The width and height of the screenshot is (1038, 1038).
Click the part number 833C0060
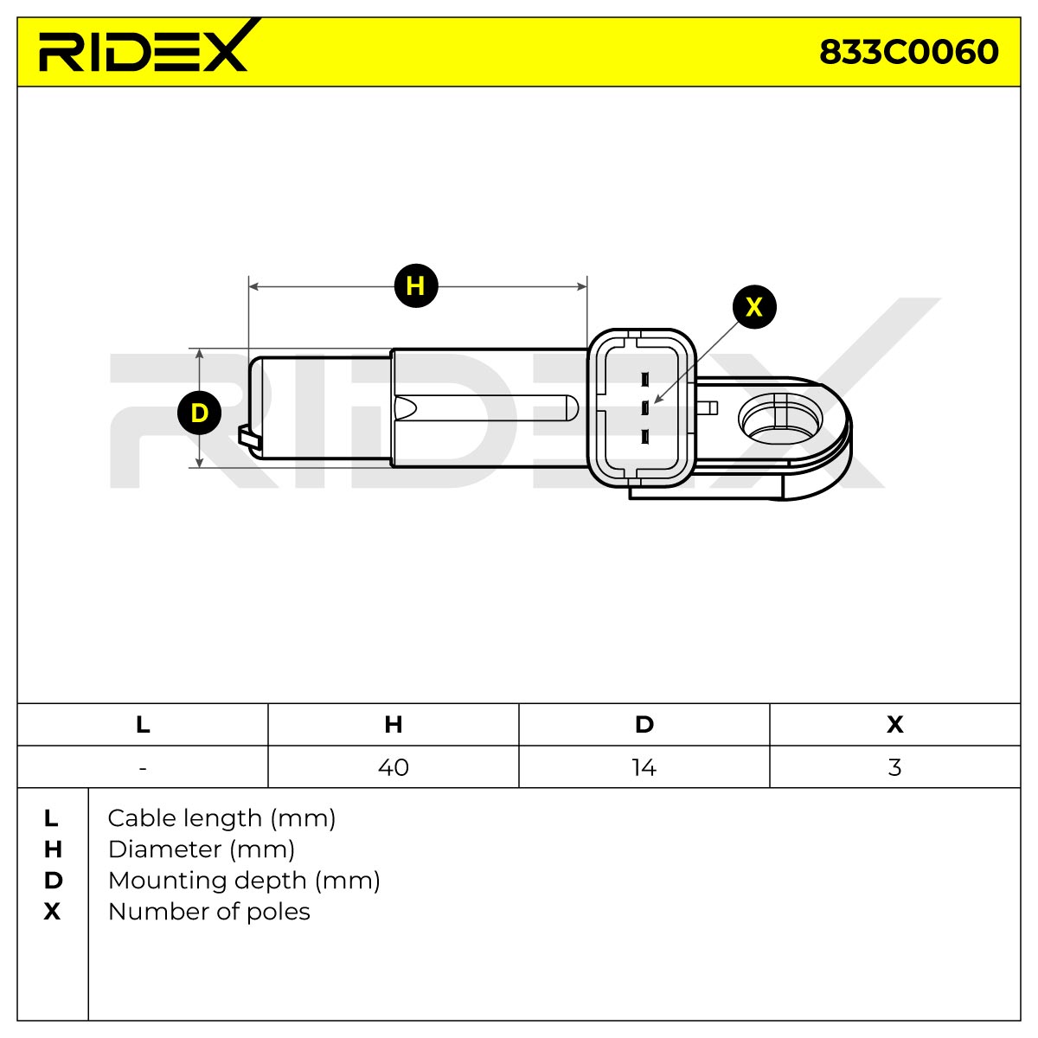point(909,52)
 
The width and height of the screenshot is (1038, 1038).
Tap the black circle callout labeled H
point(416,285)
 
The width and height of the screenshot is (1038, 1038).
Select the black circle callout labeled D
point(199,413)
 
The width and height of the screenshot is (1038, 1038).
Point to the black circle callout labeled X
point(754,307)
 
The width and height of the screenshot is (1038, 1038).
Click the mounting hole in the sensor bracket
point(780,418)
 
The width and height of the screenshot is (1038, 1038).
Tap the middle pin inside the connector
point(644,407)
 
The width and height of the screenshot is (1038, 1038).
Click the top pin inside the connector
point(644,379)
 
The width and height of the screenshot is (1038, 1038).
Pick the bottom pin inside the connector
point(644,436)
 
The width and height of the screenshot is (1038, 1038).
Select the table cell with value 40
point(394,767)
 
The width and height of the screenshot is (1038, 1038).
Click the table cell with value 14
point(644,767)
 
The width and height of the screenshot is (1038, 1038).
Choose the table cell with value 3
point(894,767)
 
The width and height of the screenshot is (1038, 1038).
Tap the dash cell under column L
point(143,767)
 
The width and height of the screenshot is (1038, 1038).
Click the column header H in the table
point(394,725)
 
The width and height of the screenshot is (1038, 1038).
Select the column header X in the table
point(894,725)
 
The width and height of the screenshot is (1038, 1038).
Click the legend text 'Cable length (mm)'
point(221,819)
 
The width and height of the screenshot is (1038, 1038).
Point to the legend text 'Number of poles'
point(209,912)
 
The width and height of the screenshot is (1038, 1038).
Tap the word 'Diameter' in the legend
point(165,849)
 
